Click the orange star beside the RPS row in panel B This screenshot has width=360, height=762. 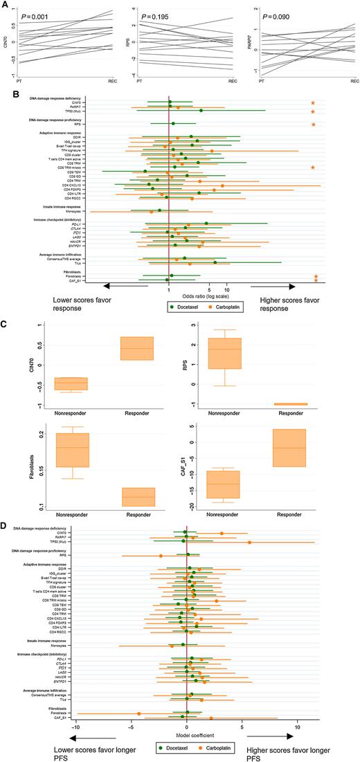pos(314,125)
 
